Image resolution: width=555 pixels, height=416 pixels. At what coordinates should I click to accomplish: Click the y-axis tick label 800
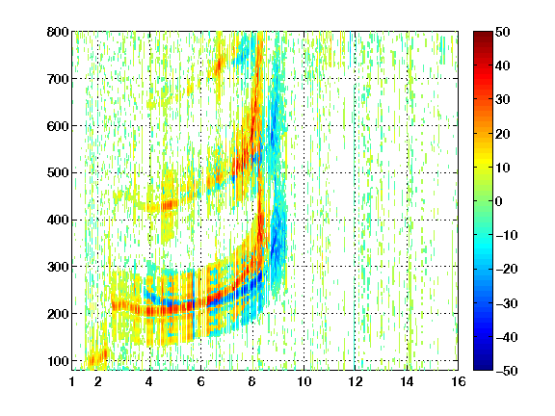(58, 32)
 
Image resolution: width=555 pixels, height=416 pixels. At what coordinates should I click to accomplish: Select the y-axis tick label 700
(58, 79)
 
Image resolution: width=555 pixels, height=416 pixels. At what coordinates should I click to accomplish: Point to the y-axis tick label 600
(58, 126)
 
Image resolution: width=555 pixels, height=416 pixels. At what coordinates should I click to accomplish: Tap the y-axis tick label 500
(58, 173)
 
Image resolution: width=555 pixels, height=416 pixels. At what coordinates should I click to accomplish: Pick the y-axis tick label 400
(58, 220)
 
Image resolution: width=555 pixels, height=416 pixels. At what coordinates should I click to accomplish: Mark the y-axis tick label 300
(58, 267)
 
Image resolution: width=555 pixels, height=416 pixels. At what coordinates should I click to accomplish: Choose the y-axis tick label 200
(58, 314)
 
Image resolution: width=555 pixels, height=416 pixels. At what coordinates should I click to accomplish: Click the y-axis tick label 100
(58, 361)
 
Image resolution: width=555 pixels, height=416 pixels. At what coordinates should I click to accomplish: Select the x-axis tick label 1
(72, 381)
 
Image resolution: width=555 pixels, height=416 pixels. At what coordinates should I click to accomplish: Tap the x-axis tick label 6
(200, 381)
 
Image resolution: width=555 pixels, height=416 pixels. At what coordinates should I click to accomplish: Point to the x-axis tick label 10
(304, 381)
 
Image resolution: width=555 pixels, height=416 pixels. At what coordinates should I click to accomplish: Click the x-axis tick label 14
(407, 381)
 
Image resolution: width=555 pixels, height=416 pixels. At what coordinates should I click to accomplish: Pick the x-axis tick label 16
(459, 381)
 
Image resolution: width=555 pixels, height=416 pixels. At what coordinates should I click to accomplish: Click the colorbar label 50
(502, 32)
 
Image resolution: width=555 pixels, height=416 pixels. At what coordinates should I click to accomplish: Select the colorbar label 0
(499, 201)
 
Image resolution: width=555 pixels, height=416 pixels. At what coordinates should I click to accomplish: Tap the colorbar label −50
(507, 371)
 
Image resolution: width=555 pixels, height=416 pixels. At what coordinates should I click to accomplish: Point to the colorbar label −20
(507, 270)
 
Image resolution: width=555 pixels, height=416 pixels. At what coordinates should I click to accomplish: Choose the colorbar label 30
(502, 100)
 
